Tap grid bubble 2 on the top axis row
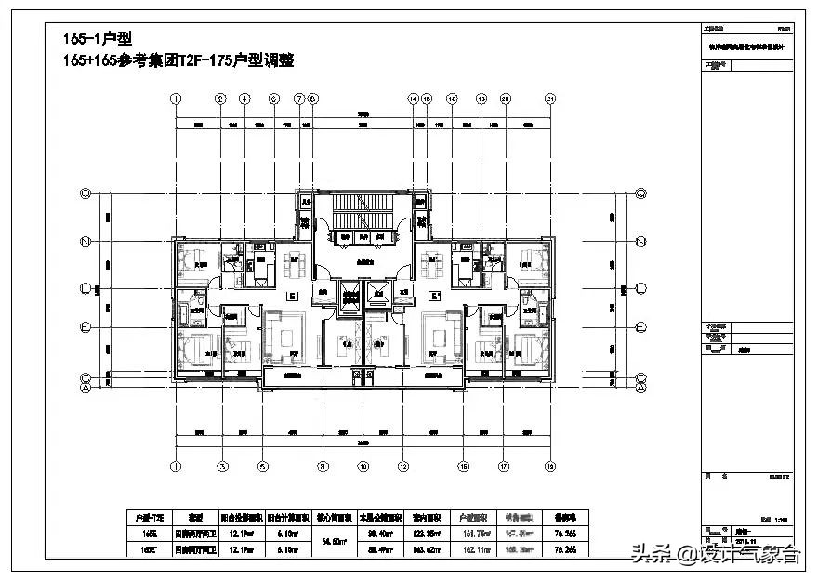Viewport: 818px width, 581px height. coord(220,99)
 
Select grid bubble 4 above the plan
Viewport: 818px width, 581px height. coord(244,99)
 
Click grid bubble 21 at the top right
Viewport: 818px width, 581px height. coord(551,99)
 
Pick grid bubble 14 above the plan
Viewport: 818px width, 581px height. coord(413,99)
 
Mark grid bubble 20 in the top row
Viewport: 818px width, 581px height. coord(506,99)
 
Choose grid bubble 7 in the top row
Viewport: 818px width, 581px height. coord(299,99)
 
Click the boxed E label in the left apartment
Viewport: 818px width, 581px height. coord(292,297)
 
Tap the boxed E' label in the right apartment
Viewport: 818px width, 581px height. coord(433,297)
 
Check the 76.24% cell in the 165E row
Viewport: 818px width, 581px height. coord(564,534)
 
